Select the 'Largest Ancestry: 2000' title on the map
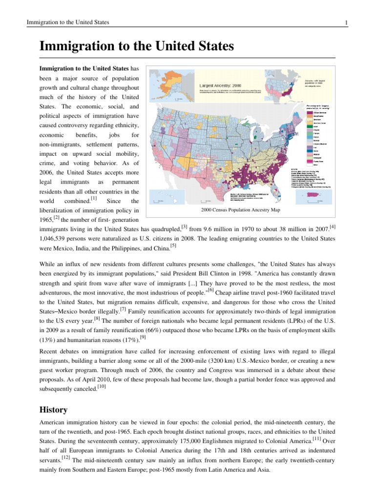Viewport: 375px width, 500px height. click(218, 84)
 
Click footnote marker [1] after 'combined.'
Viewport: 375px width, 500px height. click(93, 199)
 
